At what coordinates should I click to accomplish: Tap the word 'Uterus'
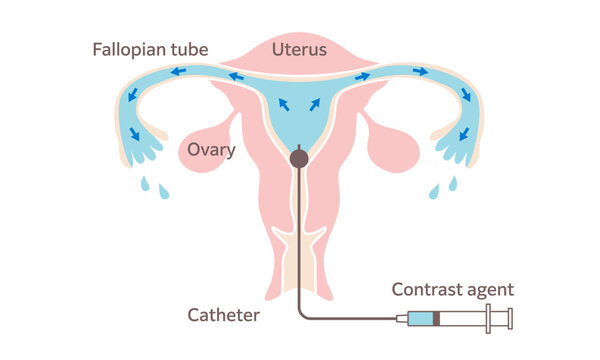pyautogui.click(x=300, y=48)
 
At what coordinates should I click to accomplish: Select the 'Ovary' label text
pyautogui.click(x=211, y=150)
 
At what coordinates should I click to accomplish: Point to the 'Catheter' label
pyautogui.click(x=224, y=316)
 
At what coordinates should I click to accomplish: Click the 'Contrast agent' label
pyautogui.click(x=452, y=290)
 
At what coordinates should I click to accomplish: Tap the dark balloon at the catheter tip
pyautogui.click(x=299, y=158)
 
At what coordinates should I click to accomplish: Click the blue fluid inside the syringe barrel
pyautogui.click(x=426, y=320)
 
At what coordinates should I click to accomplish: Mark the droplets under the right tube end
pyautogui.click(x=443, y=187)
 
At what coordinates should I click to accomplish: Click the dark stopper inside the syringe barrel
pyautogui.click(x=442, y=320)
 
